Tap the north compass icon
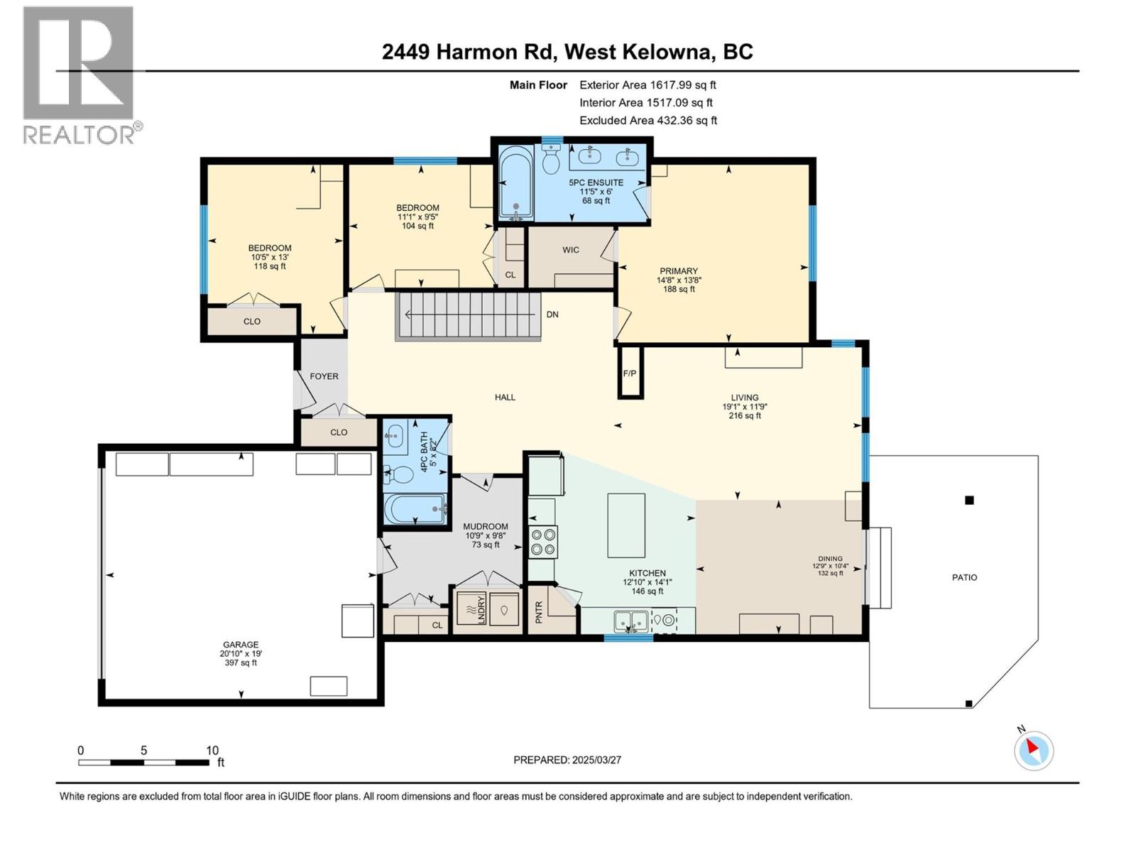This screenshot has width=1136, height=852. (1033, 750)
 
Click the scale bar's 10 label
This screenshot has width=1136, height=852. (212, 750)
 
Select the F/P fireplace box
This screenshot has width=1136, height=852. (630, 372)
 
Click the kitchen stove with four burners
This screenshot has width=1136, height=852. (543, 542)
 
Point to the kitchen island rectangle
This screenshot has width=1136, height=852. (626, 525)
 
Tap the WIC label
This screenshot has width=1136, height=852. (571, 250)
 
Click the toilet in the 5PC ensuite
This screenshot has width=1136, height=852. (551, 160)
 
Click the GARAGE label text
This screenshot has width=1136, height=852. (239, 645)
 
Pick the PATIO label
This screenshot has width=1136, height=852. (964, 577)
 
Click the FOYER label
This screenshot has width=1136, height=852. (324, 376)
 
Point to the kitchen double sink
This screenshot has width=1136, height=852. (631, 621)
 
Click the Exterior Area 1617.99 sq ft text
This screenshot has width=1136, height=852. (648, 84)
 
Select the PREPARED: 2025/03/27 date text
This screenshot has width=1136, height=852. (567, 760)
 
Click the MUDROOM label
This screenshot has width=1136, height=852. (486, 527)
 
